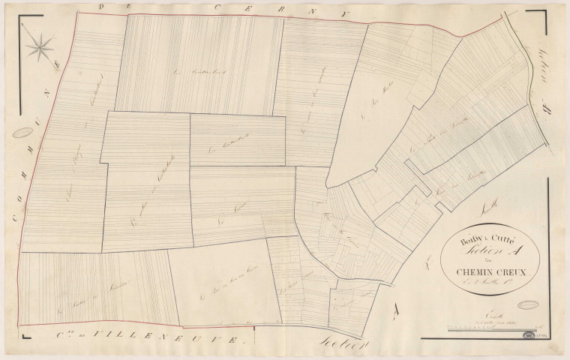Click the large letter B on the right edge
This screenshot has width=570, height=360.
tap(547, 106)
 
